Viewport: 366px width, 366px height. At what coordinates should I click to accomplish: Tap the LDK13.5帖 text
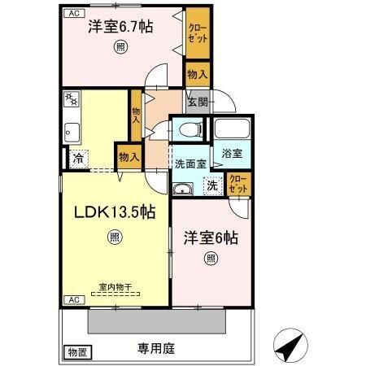coord(115,212)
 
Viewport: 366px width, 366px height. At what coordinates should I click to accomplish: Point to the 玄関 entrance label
coord(197,102)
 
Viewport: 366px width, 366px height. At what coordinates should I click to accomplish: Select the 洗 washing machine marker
coord(211,186)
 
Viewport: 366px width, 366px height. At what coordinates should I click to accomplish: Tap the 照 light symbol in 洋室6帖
coord(210,259)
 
